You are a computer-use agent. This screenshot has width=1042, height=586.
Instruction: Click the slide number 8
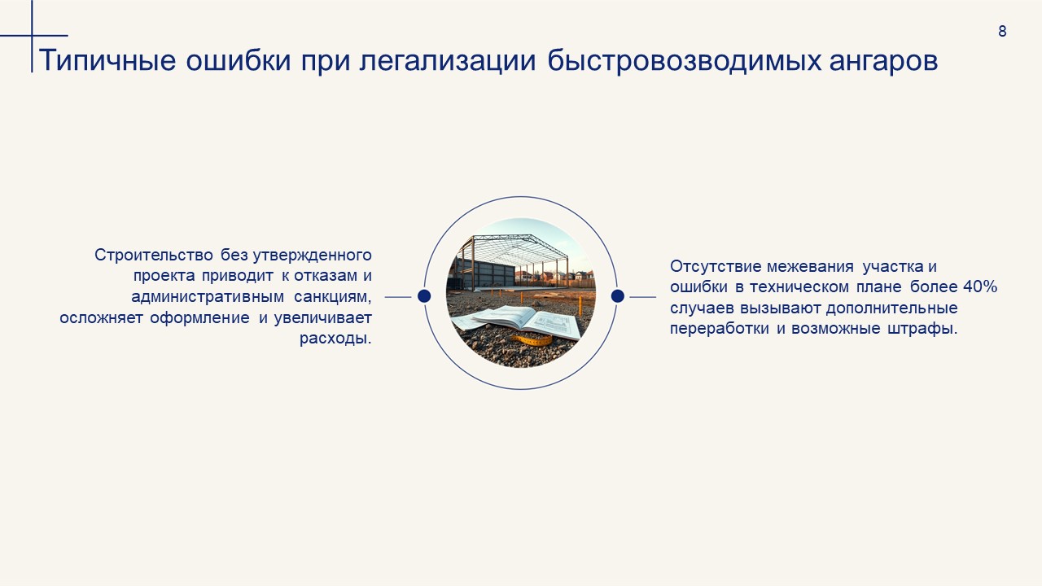click(1002, 31)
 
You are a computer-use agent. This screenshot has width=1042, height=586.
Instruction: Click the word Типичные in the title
click(107, 60)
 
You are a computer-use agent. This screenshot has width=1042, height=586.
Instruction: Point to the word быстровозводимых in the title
click(685, 61)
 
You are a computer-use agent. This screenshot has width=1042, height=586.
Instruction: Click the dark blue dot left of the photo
click(424, 296)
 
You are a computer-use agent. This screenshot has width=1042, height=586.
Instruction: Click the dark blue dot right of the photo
click(617, 296)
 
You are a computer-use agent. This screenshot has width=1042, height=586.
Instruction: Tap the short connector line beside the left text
click(398, 297)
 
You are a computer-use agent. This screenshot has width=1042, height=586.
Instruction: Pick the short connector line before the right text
click(643, 297)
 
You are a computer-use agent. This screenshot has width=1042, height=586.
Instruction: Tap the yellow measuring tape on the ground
click(532, 340)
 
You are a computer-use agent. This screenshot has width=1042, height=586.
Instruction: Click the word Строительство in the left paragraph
click(154, 255)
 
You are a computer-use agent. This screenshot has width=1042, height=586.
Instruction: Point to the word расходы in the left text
click(334, 339)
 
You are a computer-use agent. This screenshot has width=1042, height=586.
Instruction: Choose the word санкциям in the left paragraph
click(333, 297)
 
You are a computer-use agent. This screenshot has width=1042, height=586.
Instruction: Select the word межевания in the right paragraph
click(810, 266)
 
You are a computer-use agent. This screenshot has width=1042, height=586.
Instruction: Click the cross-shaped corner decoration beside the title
click(33, 36)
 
